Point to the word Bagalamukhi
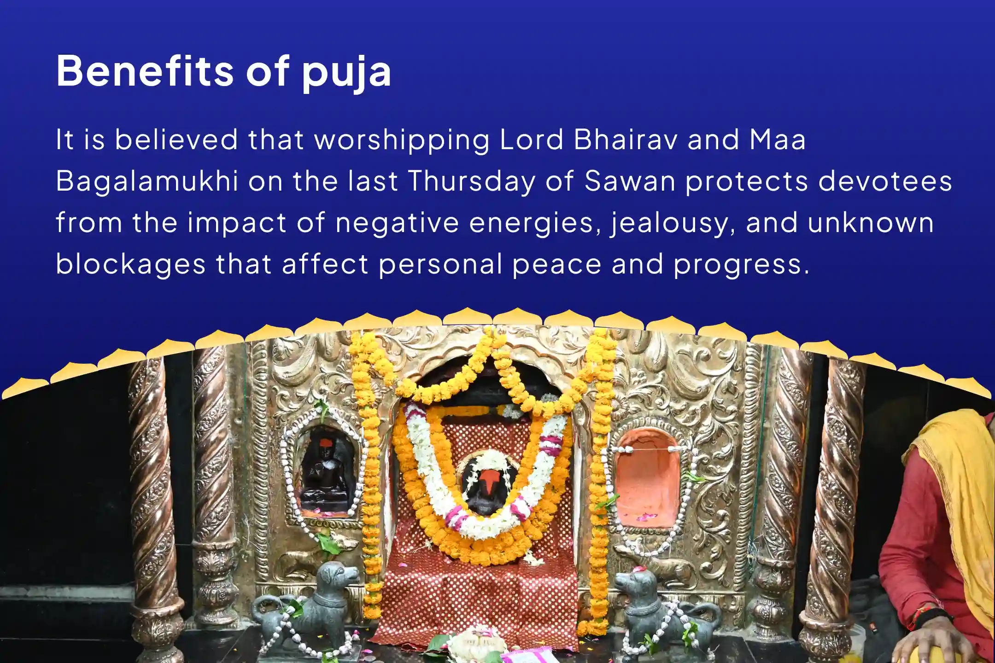(147, 181)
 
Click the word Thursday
(472, 181)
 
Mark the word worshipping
(402, 140)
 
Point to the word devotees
(884, 181)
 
